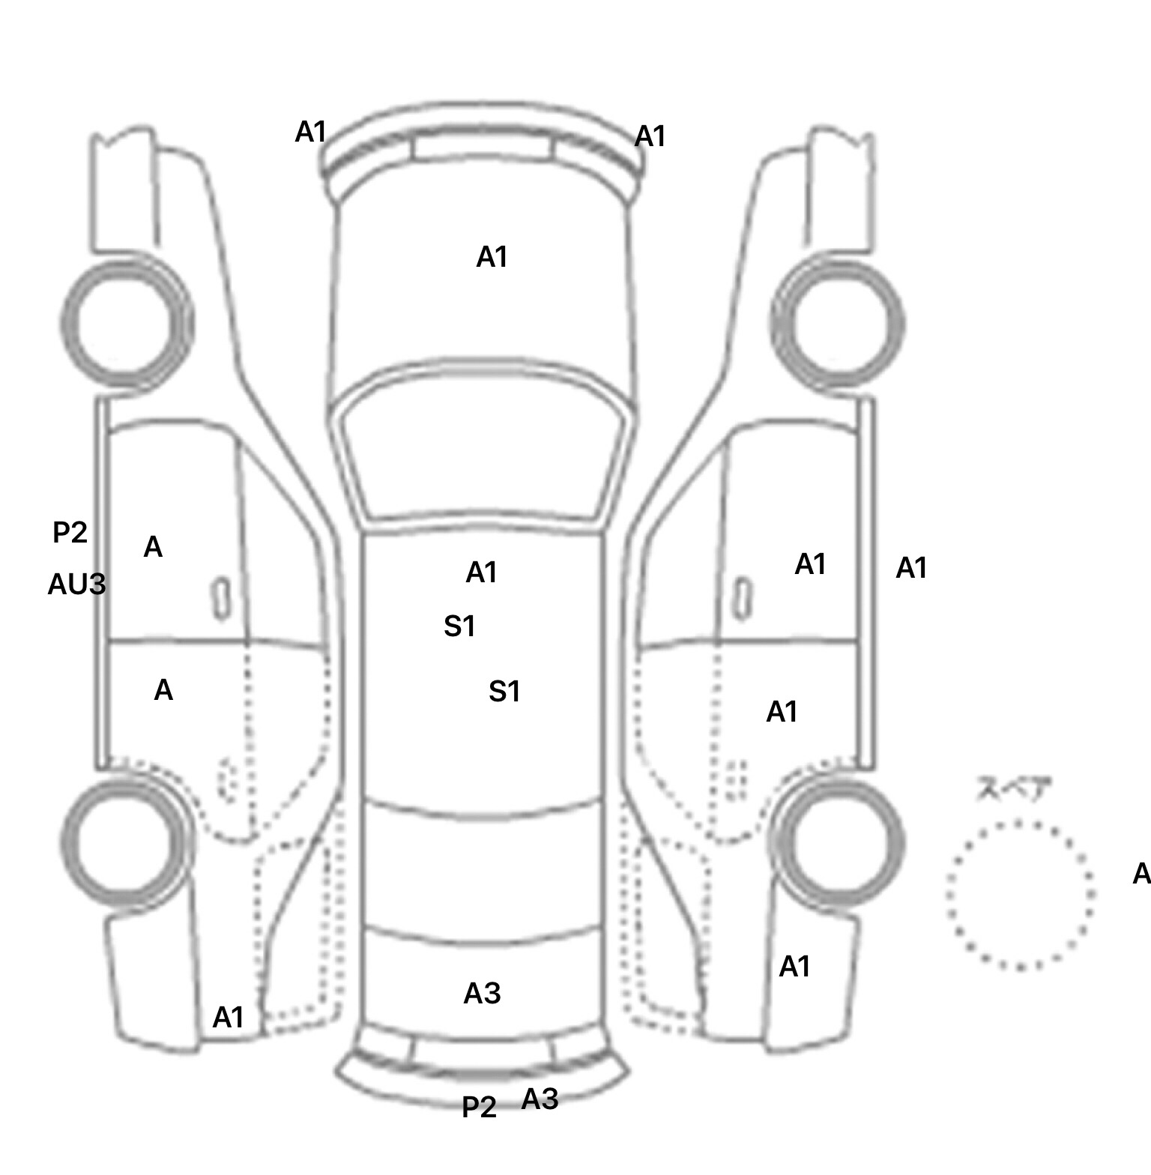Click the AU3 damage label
pyautogui.click(x=76, y=585)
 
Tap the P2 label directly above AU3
pyautogui.click(x=70, y=533)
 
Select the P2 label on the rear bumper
pyautogui.click(x=479, y=1107)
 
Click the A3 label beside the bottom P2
pyautogui.click(x=540, y=1099)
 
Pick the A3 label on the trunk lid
pyautogui.click(x=482, y=994)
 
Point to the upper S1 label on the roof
pyautogui.click(x=459, y=626)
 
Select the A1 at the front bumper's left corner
pyautogui.click(x=311, y=133)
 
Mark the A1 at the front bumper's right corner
pyautogui.click(x=650, y=137)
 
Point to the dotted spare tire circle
pyautogui.click(x=1020, y=895)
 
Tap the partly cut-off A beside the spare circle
pyautogui.click(x=1141, y=874)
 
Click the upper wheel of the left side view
pyautogui.click(x=125, y=323)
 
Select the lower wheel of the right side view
pyautogui.click(x=837, y=839)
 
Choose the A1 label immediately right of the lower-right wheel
pyautogui.click(x=794, y=967)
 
